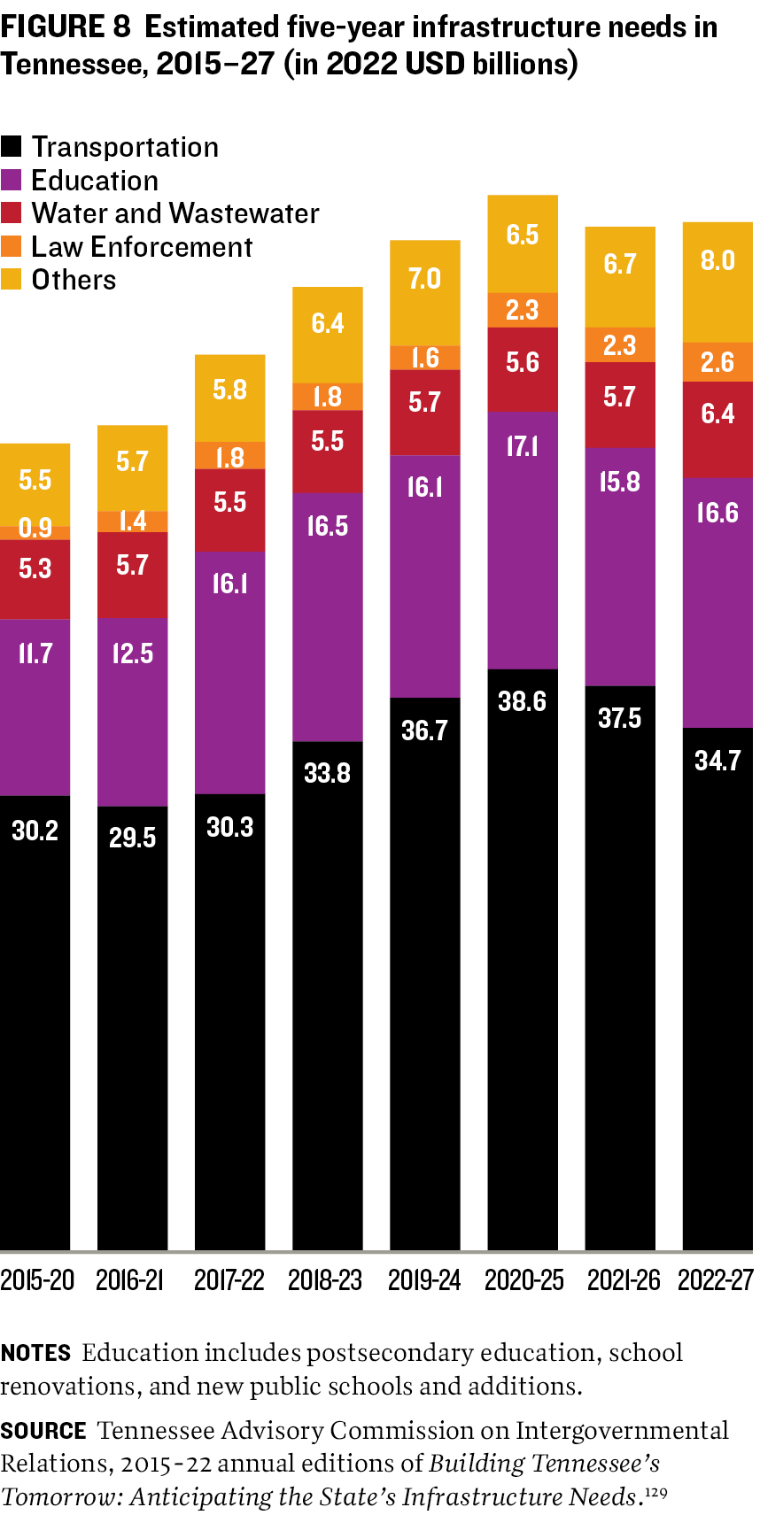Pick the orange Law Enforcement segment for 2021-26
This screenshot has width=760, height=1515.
[620, 344]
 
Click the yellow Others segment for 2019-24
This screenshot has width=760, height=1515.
[425, 292]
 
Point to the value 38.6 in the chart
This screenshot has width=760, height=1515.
[523, 701]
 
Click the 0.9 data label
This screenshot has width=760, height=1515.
[35, 529]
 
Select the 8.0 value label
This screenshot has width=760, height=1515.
[717, 260]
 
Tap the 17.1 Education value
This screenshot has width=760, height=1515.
[523, 446]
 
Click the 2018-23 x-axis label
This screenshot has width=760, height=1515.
[325, 1280]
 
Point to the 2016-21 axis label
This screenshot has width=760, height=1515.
[130, 1280]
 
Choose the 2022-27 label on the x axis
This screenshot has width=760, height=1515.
[716, 1280]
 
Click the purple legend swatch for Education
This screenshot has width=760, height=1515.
[12, 181]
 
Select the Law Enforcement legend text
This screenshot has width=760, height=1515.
[142, 247]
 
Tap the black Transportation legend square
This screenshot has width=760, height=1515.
[12, 147]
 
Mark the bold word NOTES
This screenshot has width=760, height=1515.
[35, 1353]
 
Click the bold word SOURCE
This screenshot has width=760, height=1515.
[43, 1431]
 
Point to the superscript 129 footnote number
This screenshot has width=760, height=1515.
[656, 1494]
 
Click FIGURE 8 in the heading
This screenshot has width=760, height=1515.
[66, 27]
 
